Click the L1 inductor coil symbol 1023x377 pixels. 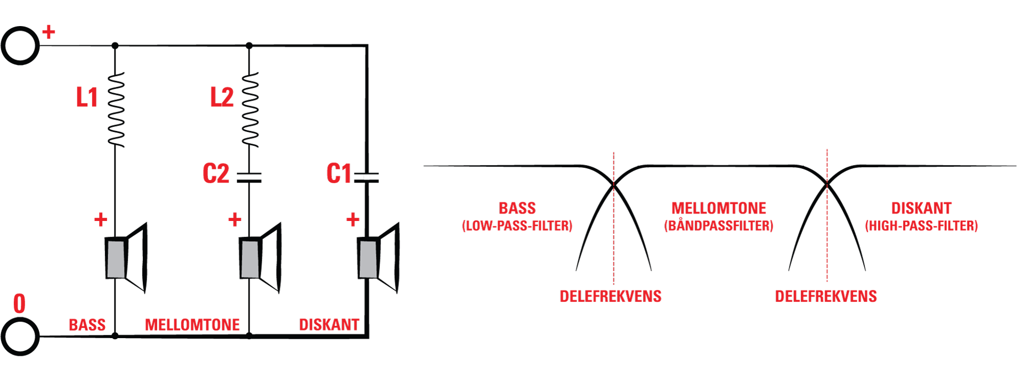pyautogui.click(x=116, y=110)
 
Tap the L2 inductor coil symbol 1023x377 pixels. pyautogui.click(x=250, y=110)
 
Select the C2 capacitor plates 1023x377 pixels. pyautogui.click(x=249, y=177)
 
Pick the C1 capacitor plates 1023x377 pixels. pyautogui.click(x=367, y=177)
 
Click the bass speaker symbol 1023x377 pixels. pyautogui.click(x=126, y=258)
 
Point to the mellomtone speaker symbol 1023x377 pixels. pyautogui.click(x=260, y=258)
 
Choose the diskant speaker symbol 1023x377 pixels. pyautogui.click(x=378, y=258)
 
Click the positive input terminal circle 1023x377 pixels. pyautogui.click(x=20, y=46)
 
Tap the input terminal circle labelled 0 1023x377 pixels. pyautogui.click(x=20, y=337)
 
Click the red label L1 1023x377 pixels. pyautogui.click(x=87, y=97)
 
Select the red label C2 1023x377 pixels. pyautogui.click(x=216, y=174)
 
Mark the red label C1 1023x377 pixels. pyautogui.click(x=339, y=174)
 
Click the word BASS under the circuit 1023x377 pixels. pyautogui.click(x=87, y=325)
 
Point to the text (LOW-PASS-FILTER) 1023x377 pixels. pyautogui.click(x=517, y=226)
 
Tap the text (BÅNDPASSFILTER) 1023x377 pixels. pyautogui.click(x=718, y=225)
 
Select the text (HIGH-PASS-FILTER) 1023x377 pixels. pyautogui.click(x=921, y=226)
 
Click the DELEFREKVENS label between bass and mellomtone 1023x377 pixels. pyautogui.click(x=611, y=296)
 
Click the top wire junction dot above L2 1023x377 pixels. pyautogui.click(x=249, y=46)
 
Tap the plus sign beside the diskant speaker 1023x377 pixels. pyautogui.click(x=353, y=219)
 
